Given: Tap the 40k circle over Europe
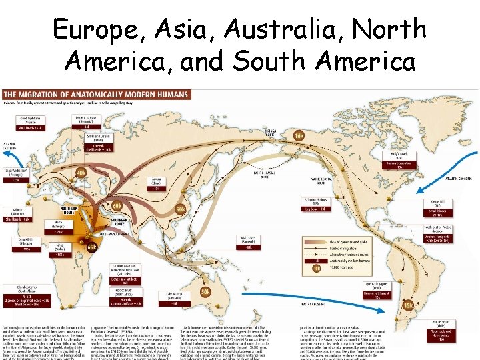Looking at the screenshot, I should pos(81,173).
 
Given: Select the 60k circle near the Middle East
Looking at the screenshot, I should pos(117,206).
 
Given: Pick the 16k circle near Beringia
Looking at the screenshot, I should pos(299,136).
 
